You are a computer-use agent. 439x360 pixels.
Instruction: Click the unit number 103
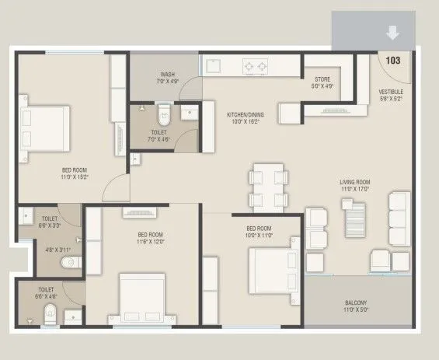pos(392,61)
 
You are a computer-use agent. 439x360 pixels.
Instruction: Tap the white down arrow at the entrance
pos(393,33)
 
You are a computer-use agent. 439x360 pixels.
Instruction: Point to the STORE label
pos(322,79)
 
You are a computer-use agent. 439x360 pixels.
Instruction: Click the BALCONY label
pos(357,302)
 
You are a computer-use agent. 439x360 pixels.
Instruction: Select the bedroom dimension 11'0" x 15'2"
pos(75,177)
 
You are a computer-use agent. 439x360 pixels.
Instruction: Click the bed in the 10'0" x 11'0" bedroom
pos(274,267)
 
